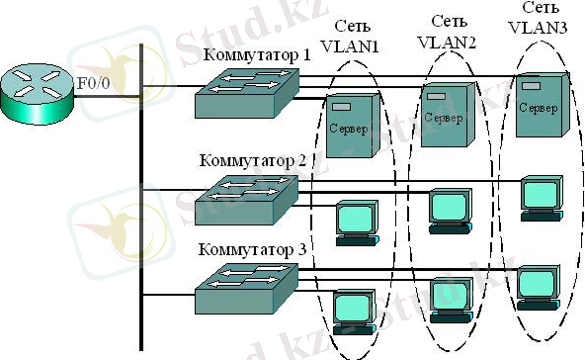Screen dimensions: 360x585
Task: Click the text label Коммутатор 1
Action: [x=257, y=52]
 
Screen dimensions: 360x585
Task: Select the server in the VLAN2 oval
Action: [x=443, y=114]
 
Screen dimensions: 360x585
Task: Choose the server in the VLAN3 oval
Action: [x=539, y=106]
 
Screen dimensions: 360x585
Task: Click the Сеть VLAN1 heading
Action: [x=355, y=36]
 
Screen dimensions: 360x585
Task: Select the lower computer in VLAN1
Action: [x=352, y=313]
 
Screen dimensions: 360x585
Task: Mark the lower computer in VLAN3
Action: [x=540, y=285]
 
